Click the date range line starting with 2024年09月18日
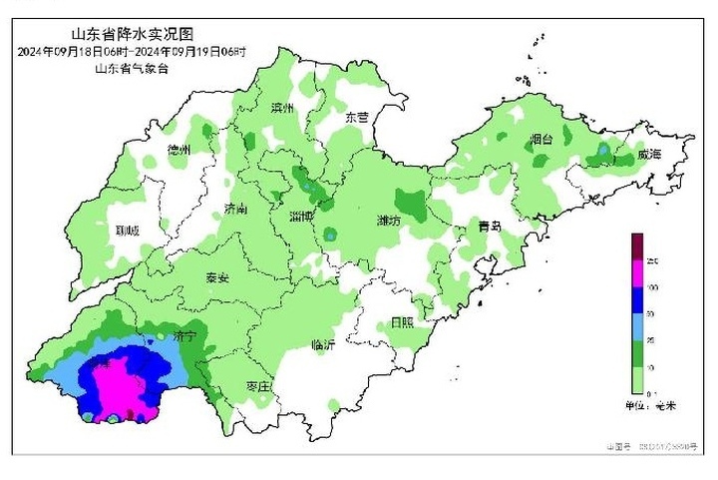pos(132,51)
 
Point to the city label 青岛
pos(489,227)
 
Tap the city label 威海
pos(648,155)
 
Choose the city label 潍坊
pos(389,220)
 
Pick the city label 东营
pos(356,117)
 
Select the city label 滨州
pos(283,108)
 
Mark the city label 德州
pos(179,150)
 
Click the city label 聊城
pos(128,230)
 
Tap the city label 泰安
pos(217,277)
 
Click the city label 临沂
pos(323,344)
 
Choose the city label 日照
pos(402,322)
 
